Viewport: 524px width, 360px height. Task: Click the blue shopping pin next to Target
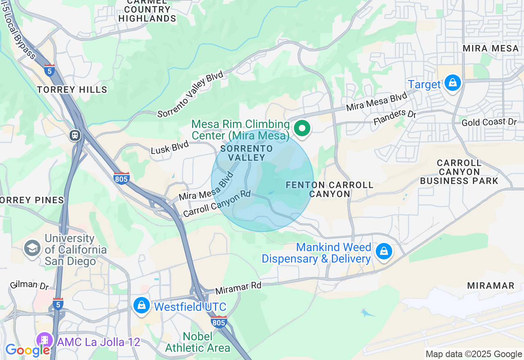[x=452, y=83]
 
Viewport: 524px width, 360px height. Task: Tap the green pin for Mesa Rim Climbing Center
[x=302, y=128]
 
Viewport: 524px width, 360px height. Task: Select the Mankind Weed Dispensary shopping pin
[x=384, y=251]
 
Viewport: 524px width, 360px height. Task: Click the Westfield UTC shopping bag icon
[x=142, y=305]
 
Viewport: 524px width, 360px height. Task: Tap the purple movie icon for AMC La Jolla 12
[x=45, y=340]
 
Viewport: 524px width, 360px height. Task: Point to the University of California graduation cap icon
[x=32, y=248]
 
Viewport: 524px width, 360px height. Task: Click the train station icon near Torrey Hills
[x=75, y=135]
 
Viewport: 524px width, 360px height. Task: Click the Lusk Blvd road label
[x=169, y=147]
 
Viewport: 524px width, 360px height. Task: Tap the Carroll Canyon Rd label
[x=217, y=203]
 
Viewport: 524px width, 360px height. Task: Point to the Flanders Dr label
[x=395, y=117]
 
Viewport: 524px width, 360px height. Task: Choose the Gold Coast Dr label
[x=489, y=122]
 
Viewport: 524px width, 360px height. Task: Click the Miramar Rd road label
[x=238, y=288]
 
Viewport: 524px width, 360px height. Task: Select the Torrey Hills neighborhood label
[x=72, y=90]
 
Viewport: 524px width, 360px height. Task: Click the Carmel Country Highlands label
[x=147, y=10]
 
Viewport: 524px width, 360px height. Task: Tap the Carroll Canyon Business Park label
[x=459, y=172]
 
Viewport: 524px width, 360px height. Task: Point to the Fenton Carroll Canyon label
[x=330, y=189]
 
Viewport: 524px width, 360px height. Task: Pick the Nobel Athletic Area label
[x=198, y=342]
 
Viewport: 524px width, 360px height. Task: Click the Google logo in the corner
[x=27, y=350]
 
